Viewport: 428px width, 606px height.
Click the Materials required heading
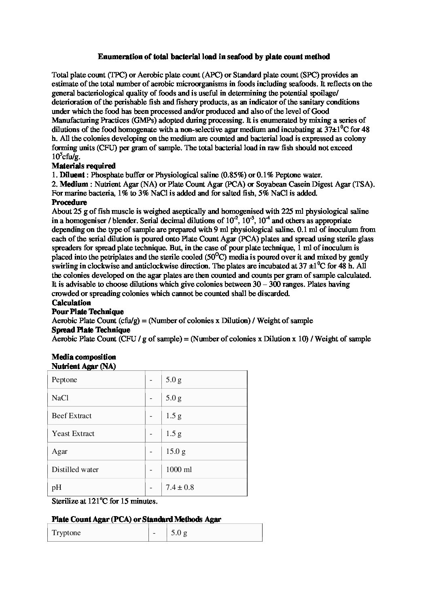(84, 166)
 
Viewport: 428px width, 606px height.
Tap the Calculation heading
(71, 303)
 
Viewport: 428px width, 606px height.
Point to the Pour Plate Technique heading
(88, 312)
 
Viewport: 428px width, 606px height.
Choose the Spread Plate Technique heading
(91, 330)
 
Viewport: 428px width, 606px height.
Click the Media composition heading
(84, 357)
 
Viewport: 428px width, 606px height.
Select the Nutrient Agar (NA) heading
(84, 366)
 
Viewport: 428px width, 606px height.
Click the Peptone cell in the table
(64, 380)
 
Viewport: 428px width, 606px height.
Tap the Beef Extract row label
(72, 416)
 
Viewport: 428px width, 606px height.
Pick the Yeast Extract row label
(73, 434)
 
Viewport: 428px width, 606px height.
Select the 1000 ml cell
(179, 470)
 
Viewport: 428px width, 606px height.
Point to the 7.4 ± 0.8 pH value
(180, 487)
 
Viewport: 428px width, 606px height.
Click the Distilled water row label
(75, 470)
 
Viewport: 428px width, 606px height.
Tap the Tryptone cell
(66, 533)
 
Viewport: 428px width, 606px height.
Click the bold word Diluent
(72, 175)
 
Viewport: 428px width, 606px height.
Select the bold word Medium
(74, 184)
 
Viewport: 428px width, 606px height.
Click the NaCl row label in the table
(60, 398)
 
